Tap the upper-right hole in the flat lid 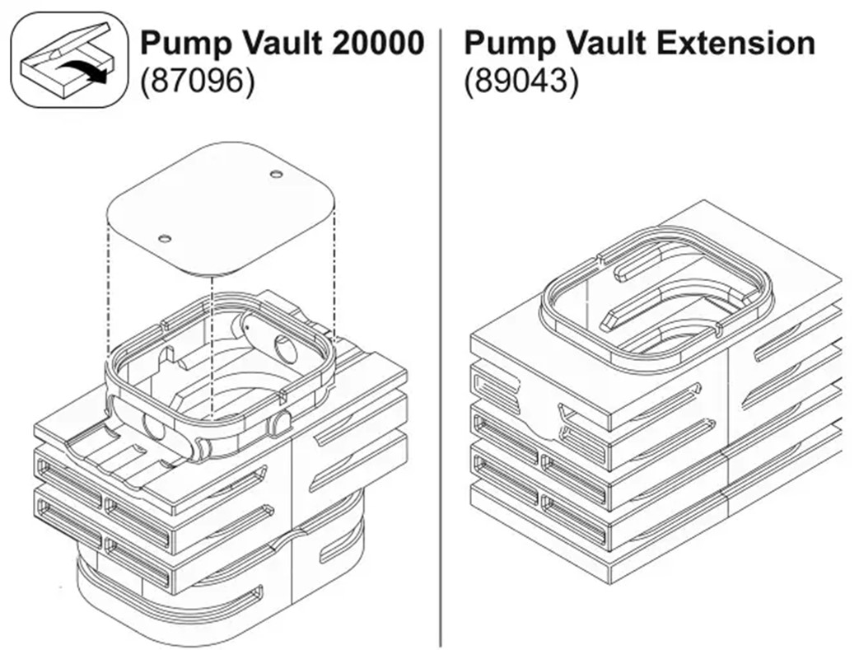point(276,174)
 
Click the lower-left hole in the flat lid point(165,238)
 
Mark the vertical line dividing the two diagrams point(441,330)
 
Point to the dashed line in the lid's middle point(213,346)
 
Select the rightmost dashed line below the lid point(335,272)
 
